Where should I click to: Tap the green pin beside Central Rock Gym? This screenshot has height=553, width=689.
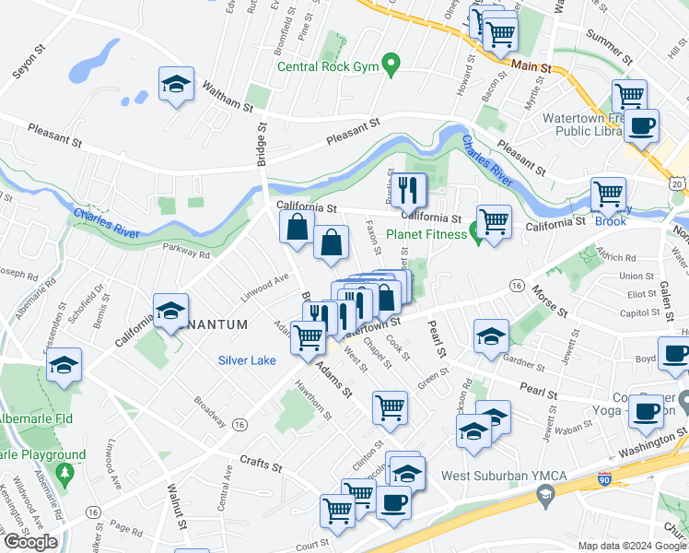click(x=391, y=65)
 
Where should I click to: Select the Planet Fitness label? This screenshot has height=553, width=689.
click(x=426, y=234)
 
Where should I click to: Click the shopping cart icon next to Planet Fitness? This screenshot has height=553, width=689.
click(x=494, y=221)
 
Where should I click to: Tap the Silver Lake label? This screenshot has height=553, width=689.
click(x=248, y=360)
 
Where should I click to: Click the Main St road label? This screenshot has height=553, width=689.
click(x=531, y=66)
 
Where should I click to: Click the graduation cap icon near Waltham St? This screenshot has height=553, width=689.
click(x=176, y=85)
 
